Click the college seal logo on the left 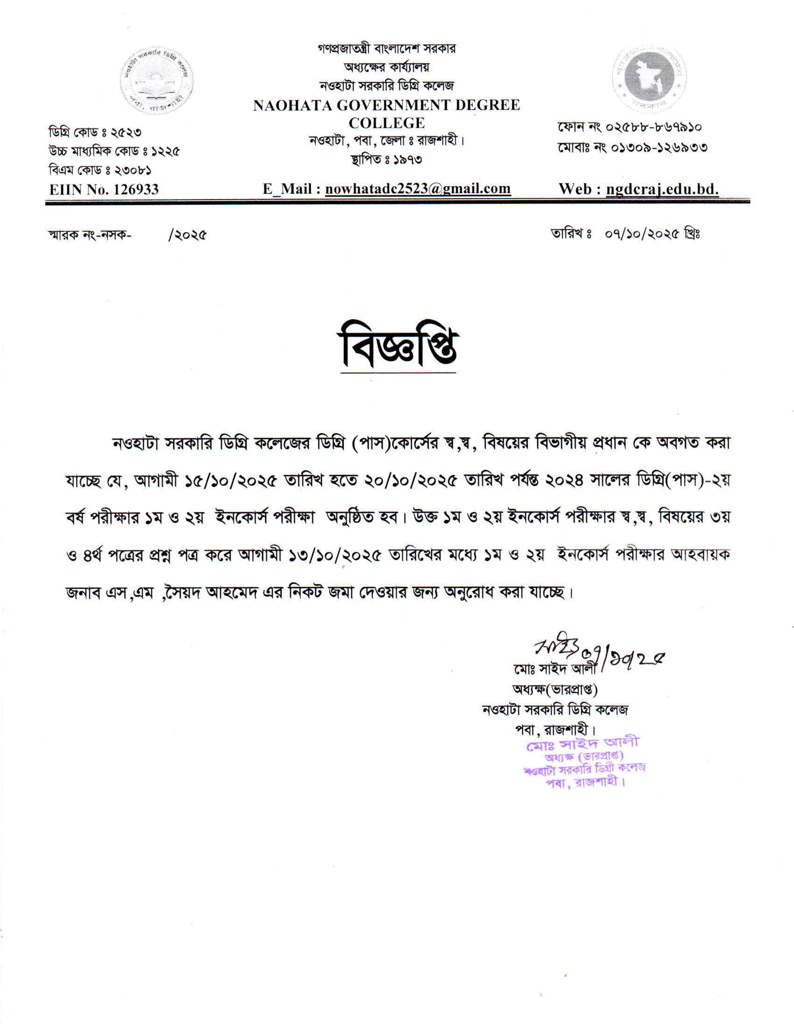click(x=156, y=81)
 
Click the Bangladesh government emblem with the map click(x=649, y=79)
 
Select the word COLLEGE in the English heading click(x=387, y=123)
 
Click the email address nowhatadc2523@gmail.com click(x=418, y=189)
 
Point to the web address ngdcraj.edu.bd click(x=662, y=189)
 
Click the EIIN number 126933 click(x=136, y=190)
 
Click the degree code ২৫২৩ click(x=126, y=132)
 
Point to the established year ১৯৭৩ click(x=407, y=160)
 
